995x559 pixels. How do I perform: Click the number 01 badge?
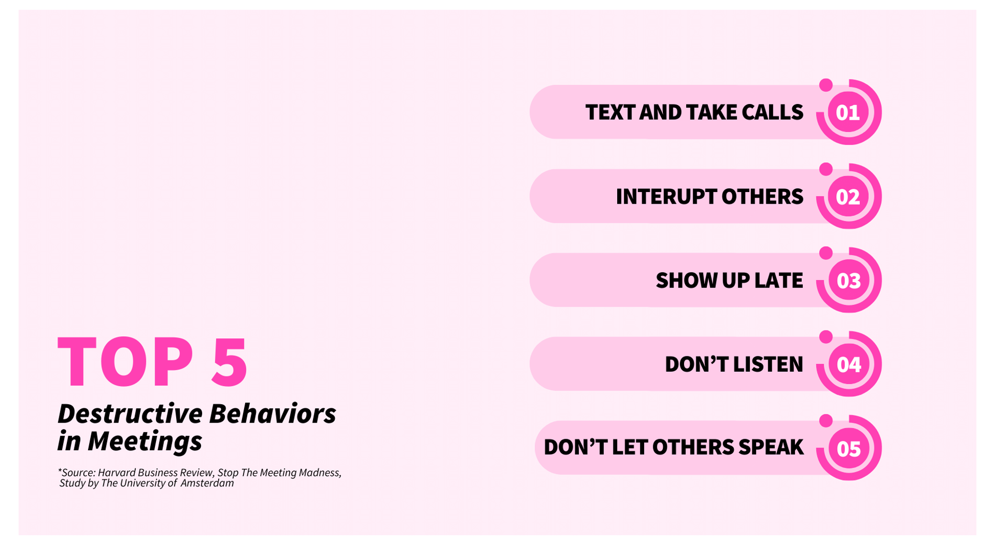(848, 112)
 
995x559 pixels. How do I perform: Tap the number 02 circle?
(848, 196)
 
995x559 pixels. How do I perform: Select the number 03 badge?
(848, 280)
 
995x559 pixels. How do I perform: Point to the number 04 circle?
(848, 364)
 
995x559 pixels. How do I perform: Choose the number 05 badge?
(848, 448)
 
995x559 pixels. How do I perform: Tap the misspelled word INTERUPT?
(665, 197)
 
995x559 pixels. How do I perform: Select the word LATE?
(778, 281)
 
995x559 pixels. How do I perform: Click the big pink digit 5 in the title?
(229, 362)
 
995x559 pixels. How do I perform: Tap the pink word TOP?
(126, 362)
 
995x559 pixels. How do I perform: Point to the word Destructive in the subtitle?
(130, 413)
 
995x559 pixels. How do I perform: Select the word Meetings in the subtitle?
(145, 441)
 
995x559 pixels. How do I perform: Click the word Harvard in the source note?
(117, 473)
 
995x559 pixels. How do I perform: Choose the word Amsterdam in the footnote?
(207, 483)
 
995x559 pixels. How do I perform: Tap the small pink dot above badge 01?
(826, 85)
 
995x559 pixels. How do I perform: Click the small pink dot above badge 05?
(826, 421)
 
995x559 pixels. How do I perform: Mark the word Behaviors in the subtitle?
(273, 413)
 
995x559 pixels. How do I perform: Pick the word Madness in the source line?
(320, 473)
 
